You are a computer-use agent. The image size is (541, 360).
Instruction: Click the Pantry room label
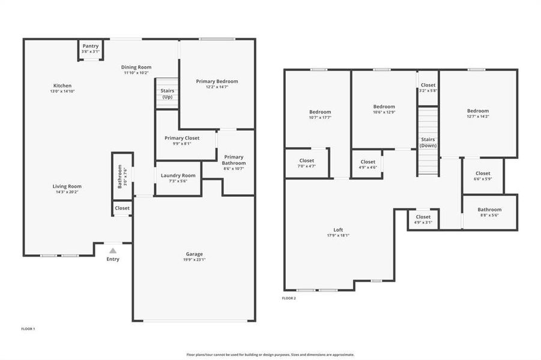tap(91, 46)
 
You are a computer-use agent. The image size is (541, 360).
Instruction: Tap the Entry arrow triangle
tap(113, 250)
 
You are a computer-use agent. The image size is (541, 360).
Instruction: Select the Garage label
tap(194, 254)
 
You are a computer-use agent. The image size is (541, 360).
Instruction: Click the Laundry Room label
tap(178, 175)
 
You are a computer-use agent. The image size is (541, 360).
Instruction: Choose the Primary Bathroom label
tap(234, 160)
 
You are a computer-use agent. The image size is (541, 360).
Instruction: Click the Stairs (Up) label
tap(168, 94)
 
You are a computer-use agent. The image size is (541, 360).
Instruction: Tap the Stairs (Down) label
tap(428, 142)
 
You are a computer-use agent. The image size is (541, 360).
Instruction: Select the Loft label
tap(339, 230)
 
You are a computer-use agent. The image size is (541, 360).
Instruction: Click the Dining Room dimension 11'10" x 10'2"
tap(136, 73)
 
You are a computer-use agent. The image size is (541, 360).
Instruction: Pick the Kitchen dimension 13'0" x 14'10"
tap(62, 91)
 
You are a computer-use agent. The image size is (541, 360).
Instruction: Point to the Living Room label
tap(67, 186)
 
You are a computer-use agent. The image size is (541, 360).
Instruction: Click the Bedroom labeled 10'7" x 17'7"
tap(320, 112)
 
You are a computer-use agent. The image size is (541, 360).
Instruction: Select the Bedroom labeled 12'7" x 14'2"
tap(478, 111)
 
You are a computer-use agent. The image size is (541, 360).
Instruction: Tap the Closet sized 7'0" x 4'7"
tap(307, 161)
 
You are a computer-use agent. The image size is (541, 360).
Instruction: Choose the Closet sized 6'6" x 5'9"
tap(483, 173)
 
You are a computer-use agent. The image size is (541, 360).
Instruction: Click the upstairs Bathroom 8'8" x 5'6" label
tap(489, 209)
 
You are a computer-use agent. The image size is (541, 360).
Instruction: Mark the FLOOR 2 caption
tap(289, 298)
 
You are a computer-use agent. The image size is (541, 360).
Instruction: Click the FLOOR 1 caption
tap(28, 329)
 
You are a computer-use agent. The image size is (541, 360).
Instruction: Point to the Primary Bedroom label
tap(217, 82)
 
